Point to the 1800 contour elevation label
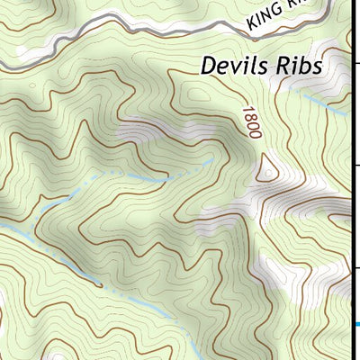pyautogui.click(x=250, y=121)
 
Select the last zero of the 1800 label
pyautogui.click(x=255, y=134)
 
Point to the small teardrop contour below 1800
pyautogui.click(x=267, y=166)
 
